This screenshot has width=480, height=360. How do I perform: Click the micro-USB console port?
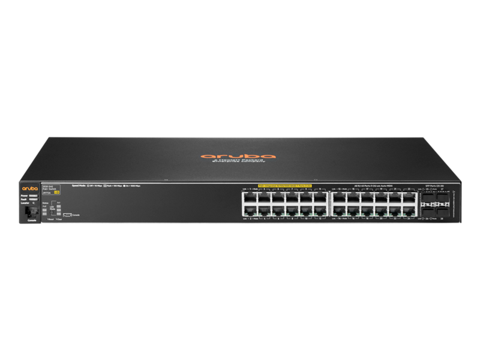[67, 214]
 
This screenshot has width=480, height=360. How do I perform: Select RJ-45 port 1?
[249, 197]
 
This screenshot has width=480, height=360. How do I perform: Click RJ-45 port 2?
[249, 210]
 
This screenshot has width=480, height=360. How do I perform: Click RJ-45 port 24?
[409, 210]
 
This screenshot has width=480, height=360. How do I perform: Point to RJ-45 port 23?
[409, 197]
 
